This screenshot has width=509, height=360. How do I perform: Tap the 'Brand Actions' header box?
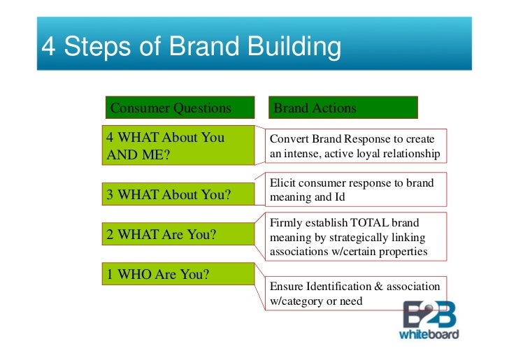click(343, 108)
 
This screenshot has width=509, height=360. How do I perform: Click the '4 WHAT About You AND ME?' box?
click(178, 146)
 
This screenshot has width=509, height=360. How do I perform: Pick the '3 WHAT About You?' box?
click(178, 194)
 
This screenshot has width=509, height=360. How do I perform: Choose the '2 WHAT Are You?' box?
click(178, 235)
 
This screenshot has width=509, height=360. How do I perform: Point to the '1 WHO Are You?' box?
click(178, 274)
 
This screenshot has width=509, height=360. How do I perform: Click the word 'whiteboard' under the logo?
click(429, 333)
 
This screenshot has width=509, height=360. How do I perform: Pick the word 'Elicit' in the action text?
click(281, 183)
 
